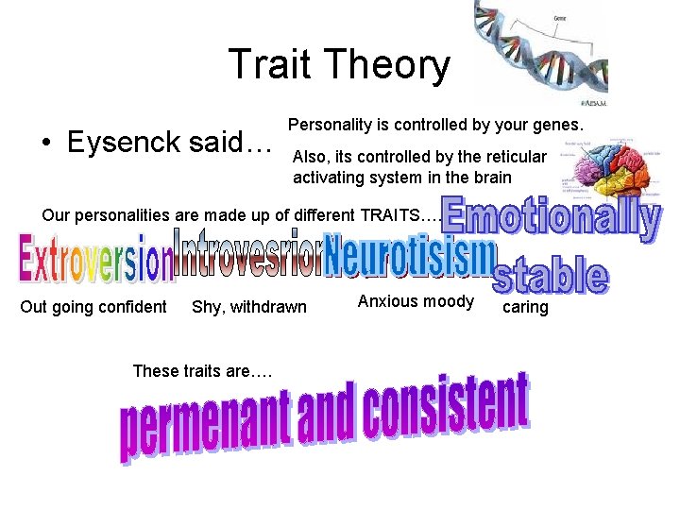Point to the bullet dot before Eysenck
pos(47,144)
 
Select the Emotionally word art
pos(552,217)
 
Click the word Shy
pos(206,306)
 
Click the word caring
pos(525,307)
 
